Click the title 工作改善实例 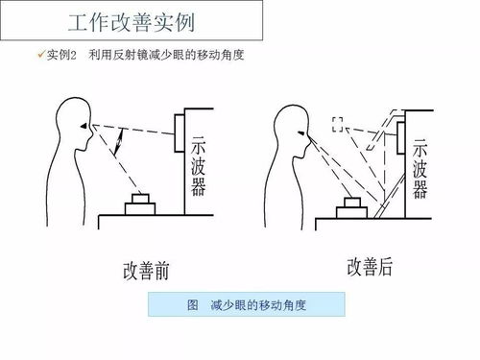pyautogui.click(x=132, y=22)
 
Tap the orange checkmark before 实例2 pyautogui.click(x=41, y=55)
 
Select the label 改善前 pyautogui.click(x=146, y=271)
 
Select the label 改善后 pyautogui.click(x=370, y=267)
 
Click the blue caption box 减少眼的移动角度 pyautogui.click(x=247, y=304)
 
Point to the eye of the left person pyautogui.click(x=84, y=127)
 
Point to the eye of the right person pyautogui.click(x=301, y=132)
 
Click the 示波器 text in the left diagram pyautogui.click(x=198, y=166)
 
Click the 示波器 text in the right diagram pyautogui.click(x=420, y=169)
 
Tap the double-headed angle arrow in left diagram pyautogui.click(x=119, y=142)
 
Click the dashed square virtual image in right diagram pyautogui.click(x=338, y=125)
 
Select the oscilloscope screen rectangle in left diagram pyautogui.click(x=180, y=132)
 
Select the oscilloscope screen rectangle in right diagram pyautogui.click(x=400, y=138)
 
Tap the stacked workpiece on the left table pyautogui.click(x=140, y=204)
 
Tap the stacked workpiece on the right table pyautogui.click(x=351, y=208)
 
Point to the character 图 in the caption pyautogui.click(x=193, y=304)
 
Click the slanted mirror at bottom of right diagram pyautogui.click(x=390, y=196)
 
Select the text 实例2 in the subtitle pyautogui.click(x=61, y=55)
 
